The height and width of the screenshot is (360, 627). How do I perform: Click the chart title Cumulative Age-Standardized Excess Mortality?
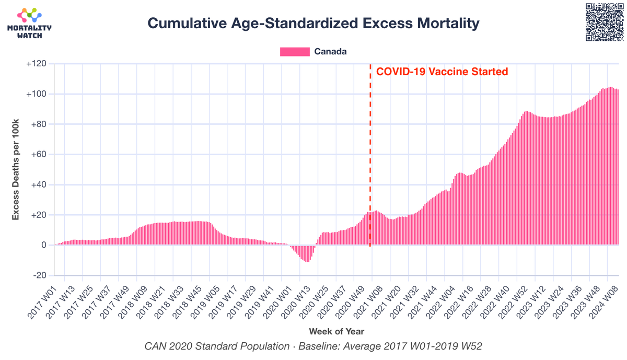pyautogui.click(x=313, y=24)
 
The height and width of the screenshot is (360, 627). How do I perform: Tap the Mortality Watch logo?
pyautogui.click(x=29, y=23)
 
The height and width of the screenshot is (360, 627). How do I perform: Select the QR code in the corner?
pyautogui.click(x=603, y=22)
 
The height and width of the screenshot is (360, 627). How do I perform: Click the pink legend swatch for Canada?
pyautogui.click(x=295, y=52)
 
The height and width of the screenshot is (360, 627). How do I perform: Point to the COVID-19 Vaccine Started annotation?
pyautogui.click(x=442, y=72)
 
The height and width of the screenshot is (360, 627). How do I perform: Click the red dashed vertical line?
pyautogui.click(x=370, y=157)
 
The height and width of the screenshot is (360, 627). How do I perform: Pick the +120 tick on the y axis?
pyautogui.click(x=36, y=64)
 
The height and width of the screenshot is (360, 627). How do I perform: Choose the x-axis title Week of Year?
pyautogui.click(x=336, y=331)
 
